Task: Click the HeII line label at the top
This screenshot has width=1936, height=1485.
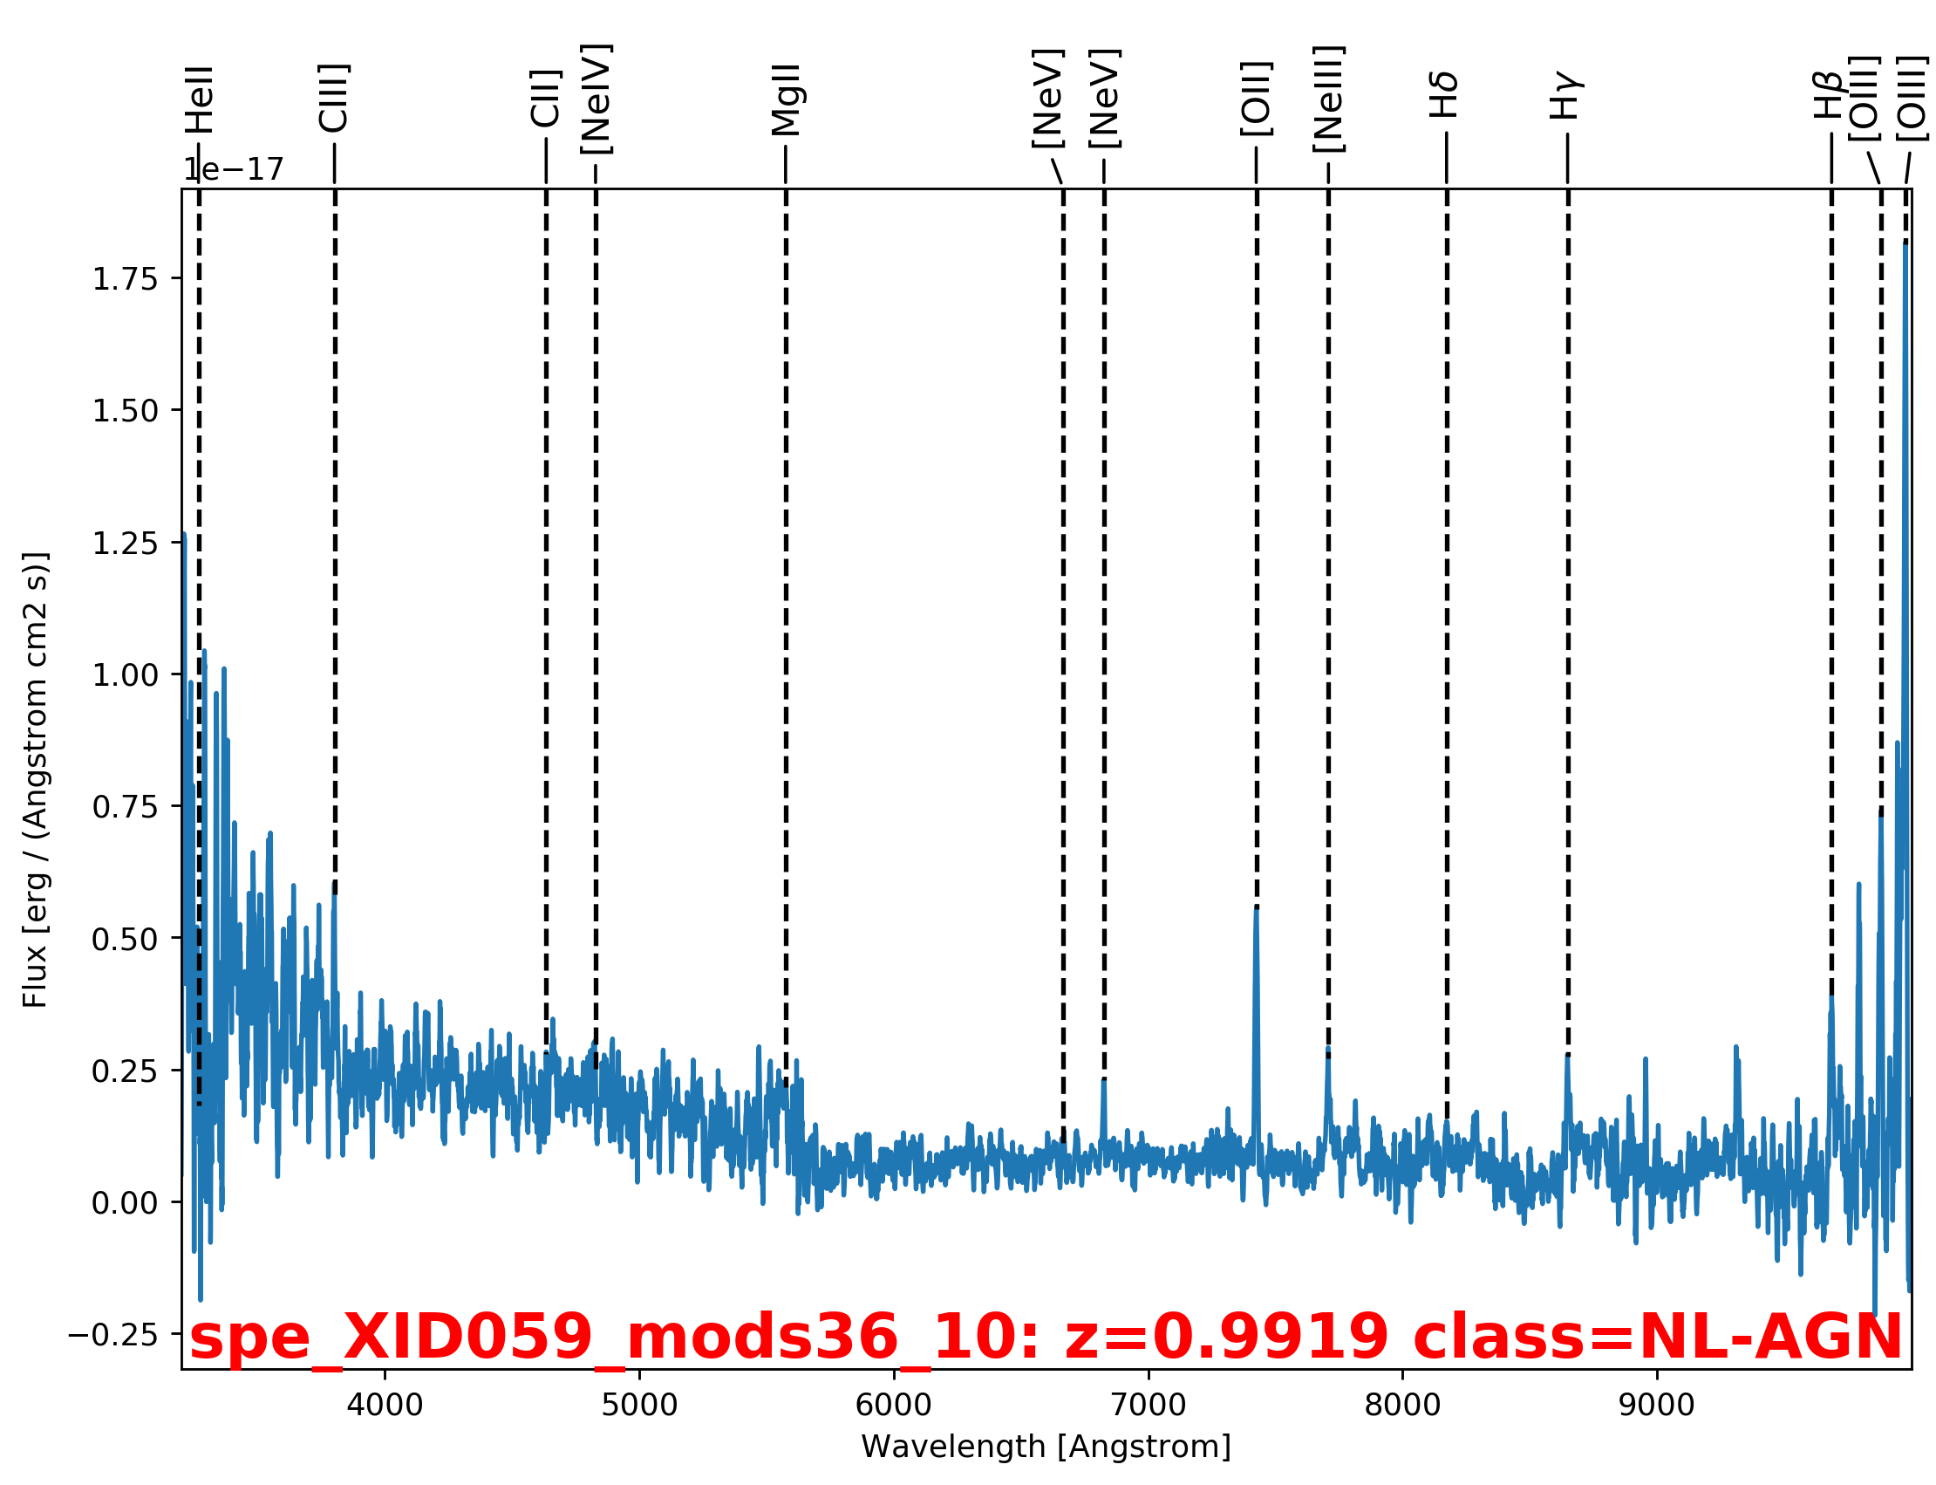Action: pos(200,99)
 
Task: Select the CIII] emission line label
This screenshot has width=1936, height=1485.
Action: pos(334,98)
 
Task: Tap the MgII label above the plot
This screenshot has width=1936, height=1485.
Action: pos(786,99)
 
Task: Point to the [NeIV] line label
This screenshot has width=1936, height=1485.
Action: pos(596,99)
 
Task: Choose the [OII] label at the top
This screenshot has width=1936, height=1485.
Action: pos(1256,99)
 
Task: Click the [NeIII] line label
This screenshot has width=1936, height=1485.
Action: pos(1328,99)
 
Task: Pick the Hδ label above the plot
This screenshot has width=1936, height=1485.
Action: pos(1446,96)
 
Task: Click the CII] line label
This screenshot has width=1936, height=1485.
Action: pos(546,98)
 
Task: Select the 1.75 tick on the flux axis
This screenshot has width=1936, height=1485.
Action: pos(125,279)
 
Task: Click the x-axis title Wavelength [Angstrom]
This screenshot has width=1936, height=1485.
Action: pos(1046,1447)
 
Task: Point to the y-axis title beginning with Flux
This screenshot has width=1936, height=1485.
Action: pos(36,779)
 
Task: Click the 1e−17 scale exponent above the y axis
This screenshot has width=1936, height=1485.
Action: pos(233,169)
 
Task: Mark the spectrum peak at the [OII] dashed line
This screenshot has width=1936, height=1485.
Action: pos(1256,910)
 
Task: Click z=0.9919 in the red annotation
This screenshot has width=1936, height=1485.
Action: pos(1225,1337)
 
